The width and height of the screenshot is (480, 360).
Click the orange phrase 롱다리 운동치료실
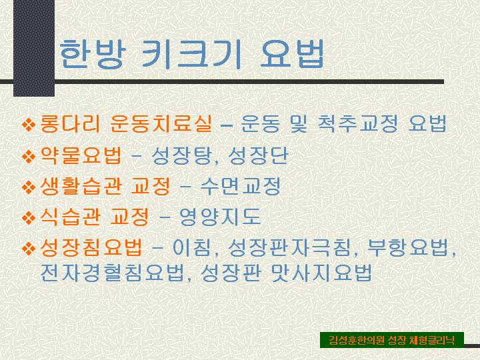click(x=125, y=123)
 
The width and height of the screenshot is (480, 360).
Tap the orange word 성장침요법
click(x=91, y=248)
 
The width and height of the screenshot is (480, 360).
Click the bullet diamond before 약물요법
click(x=29, y=156)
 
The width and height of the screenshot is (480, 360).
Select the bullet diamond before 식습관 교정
click(x=29, y=217)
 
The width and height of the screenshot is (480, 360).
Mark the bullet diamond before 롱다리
click(x=29, y=124)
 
